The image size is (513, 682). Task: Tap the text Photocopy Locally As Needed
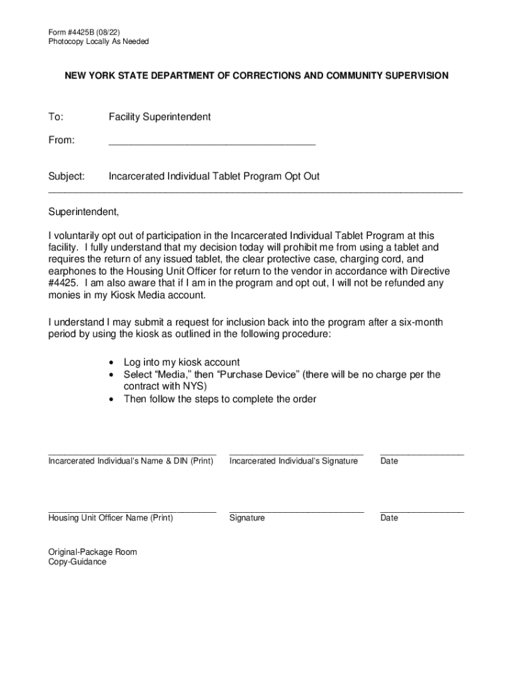(98, 41)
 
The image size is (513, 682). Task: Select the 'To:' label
(55, 117)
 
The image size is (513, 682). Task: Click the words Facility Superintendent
(160, 117)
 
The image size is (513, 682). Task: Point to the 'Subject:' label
(67, 176)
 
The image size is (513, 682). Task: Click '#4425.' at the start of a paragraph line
(63, 283)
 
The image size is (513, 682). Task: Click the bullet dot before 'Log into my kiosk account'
(111, 363)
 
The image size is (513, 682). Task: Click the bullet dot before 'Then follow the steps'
(111, 400)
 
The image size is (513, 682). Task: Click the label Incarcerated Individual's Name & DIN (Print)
(131, 461)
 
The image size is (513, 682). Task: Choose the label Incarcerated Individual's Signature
(293, 461)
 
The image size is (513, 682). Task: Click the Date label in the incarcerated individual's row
(389, 461)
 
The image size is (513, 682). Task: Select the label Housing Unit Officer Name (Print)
(111, 518)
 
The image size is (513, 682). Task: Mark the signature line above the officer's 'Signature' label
(296, 511)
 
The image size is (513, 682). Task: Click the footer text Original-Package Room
(93, 552)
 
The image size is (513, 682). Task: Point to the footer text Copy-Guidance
(77, 562)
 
